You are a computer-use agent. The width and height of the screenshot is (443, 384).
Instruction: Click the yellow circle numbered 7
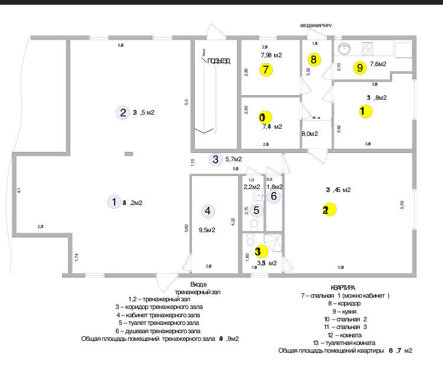(x=266, y=69)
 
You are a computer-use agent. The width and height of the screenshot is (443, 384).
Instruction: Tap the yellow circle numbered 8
(x=314, y=59)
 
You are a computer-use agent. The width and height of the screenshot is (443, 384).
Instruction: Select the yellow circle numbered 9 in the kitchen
(x=360, y=67)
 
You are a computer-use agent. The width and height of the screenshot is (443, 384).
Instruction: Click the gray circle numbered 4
(x=207, y=210)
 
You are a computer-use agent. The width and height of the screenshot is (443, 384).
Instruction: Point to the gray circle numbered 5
(x=256, y=210)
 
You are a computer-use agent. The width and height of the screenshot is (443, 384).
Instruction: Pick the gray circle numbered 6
(x=273, y=196)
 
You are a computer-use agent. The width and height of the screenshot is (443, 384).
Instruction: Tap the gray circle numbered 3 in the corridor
(x=216, y=159)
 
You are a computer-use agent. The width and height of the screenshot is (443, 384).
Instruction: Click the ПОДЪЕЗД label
(x=219, y=61)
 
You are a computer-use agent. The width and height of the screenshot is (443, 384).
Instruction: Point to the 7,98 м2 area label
(x=271, y=55)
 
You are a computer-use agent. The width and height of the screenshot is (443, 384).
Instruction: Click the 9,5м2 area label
(x=206, y=230)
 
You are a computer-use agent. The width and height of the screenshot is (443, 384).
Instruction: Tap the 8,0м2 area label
(x=310, y=134)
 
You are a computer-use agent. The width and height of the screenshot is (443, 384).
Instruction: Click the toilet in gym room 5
(x=255, y=224)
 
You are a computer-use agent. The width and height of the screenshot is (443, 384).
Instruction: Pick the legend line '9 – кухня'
(x=346, y=311)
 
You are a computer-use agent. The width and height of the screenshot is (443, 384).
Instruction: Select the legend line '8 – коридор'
(x=346, y=303)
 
